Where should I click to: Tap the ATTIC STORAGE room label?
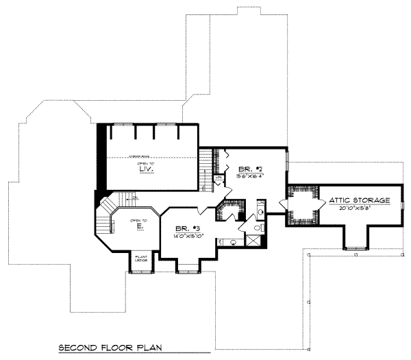360,200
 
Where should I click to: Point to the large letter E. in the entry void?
139,225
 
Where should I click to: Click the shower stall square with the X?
253,240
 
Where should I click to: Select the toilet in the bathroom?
258,227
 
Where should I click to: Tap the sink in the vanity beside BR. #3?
233,242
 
